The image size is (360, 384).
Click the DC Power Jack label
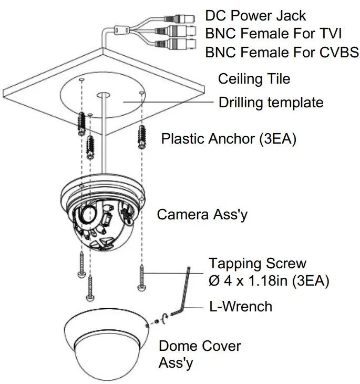(255, 16)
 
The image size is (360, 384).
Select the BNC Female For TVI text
(273, 34)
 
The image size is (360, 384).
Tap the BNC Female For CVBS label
(282, 52)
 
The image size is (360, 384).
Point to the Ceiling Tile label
(254, 79)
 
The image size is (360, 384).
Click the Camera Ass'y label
(203, 215)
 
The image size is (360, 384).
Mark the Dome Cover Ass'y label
(200, 354)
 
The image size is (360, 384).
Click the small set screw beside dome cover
(157, 321)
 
